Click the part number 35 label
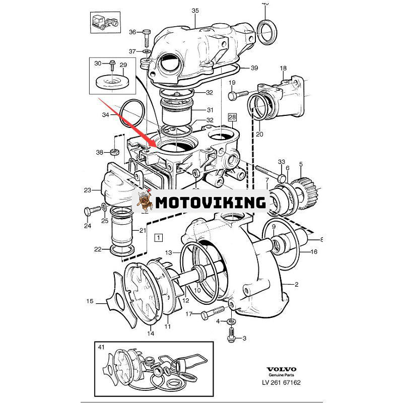(195, 11)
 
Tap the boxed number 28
(232, 117)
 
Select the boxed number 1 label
(159, 236)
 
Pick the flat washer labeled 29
(110, 81)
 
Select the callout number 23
(87, 190)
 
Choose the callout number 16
(313, 252)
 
